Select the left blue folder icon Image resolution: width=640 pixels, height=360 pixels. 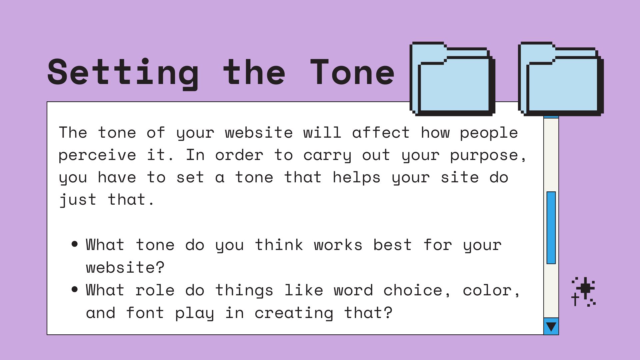[x=452, y=79]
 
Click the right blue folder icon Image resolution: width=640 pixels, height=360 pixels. [x=561, y=79]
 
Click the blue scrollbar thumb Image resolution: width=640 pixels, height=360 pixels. [x=551, y=228]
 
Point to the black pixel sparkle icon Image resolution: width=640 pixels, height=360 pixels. [x=584, y=291]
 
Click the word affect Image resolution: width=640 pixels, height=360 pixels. [x=381, y=133]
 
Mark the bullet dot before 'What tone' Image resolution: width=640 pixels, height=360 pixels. [x=75, y=244]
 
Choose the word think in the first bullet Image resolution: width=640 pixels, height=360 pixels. [x=279, y=245]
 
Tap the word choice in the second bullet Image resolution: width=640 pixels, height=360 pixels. [x=413, y=290]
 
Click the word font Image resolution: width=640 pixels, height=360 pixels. [x=145, y=312]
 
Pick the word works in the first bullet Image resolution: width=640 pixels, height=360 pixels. [x=338, y=245]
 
